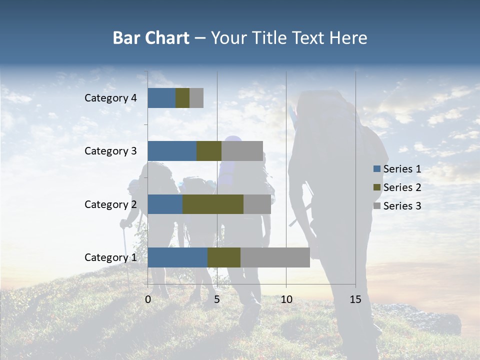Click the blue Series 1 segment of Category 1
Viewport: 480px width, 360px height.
(177, 257)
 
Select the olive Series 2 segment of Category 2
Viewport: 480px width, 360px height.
(213, 204)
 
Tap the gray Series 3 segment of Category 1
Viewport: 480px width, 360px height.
(275, 257)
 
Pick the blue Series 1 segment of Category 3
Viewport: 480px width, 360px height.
(172, 151)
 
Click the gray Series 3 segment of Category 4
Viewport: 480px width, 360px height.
(196, 98)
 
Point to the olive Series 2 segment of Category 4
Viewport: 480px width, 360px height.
(182, 98)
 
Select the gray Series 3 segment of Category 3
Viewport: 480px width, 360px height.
(242, 151)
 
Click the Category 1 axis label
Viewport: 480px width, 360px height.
(110, 257)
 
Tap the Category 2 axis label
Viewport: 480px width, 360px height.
(110, 204)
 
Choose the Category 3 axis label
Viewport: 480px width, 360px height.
(110, 151)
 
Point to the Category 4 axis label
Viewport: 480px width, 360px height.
(110, 98)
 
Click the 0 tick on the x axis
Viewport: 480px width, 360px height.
(148, 299)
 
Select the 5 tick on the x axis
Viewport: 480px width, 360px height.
(217, 299)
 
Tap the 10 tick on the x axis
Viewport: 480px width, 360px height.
(286, 299)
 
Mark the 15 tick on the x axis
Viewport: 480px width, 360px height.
(355, 299)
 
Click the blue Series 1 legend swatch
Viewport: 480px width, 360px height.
(376, 169)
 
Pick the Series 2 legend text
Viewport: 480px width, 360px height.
(402, 187)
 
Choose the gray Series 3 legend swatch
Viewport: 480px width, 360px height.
(376, 206)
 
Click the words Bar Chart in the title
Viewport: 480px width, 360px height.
(151, 38)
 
